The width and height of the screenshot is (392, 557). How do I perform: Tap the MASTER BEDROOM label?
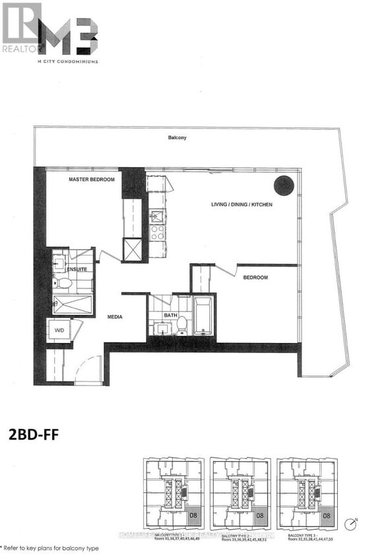pos(92,180)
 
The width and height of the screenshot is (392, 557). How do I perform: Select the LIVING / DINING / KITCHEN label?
pos(242,205)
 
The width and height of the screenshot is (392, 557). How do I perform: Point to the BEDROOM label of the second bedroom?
pos(255,278)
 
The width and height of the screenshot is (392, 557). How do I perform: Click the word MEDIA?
pos(116,317)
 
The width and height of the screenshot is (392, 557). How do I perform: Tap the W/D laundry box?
pos(59,331)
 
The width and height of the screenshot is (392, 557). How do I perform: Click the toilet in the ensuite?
pos(65,282)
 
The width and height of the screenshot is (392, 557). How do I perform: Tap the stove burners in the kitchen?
pos(157,232)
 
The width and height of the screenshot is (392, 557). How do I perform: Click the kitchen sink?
pos(157,216)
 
